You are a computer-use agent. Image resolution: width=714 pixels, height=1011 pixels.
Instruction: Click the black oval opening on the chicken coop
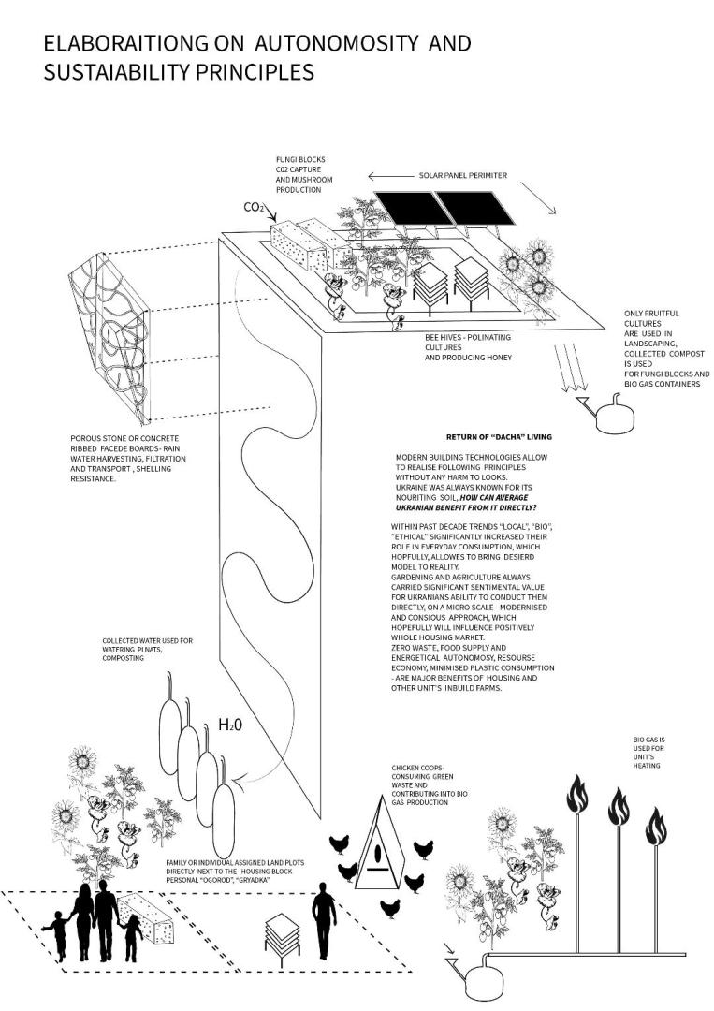377,855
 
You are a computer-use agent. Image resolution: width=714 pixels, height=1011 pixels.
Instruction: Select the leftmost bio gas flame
574,798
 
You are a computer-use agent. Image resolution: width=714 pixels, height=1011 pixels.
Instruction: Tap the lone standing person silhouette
325,923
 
